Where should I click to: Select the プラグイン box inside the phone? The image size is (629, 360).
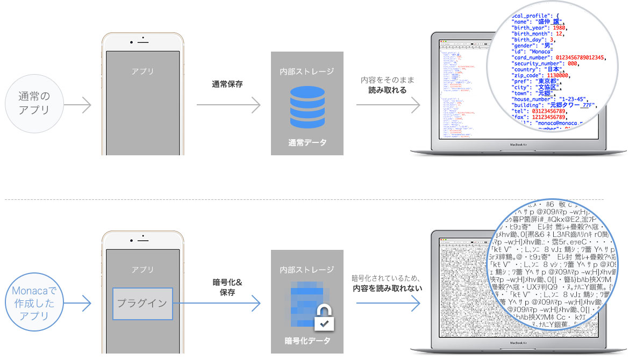(x=142, y=303)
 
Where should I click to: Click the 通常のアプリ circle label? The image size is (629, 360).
(x=34, y=104)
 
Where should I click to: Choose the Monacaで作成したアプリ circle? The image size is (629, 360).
(x=34, y=303)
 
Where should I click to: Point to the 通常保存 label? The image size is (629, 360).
(x=227, y=84)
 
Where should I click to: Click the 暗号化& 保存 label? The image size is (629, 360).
(x=227, y=287)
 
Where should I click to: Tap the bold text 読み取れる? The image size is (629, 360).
(x=387, y=90)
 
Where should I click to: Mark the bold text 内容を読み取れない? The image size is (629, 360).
(x=387, y=289)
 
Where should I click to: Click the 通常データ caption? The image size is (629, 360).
(x=307, y=143)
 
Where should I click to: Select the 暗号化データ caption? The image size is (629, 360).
(x=307, y=341)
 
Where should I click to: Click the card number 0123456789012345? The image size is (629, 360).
(x=575, y=57)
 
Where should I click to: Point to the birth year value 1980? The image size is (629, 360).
(x=557, y=27)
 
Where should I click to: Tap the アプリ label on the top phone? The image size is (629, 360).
(x=142, y=71)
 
